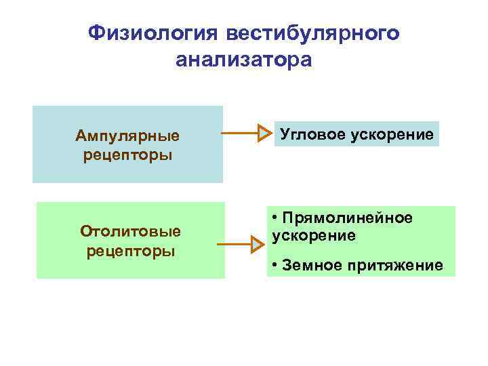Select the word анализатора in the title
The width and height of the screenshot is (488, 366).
point(244,60)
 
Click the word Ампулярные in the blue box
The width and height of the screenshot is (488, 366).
point(127,136)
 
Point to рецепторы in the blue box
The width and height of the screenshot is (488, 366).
point(127,155)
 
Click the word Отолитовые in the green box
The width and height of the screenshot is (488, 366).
point(131,231)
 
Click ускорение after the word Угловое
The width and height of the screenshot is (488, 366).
point(392,134)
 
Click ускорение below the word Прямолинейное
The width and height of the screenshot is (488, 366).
point(313,236)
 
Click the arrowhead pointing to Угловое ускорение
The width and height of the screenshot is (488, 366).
point(264,134)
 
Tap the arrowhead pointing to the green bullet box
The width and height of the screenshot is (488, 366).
point(256,243)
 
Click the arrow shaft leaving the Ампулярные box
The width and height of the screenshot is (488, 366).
point(240,134)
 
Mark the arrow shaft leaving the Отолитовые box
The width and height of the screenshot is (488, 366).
point(234,243)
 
